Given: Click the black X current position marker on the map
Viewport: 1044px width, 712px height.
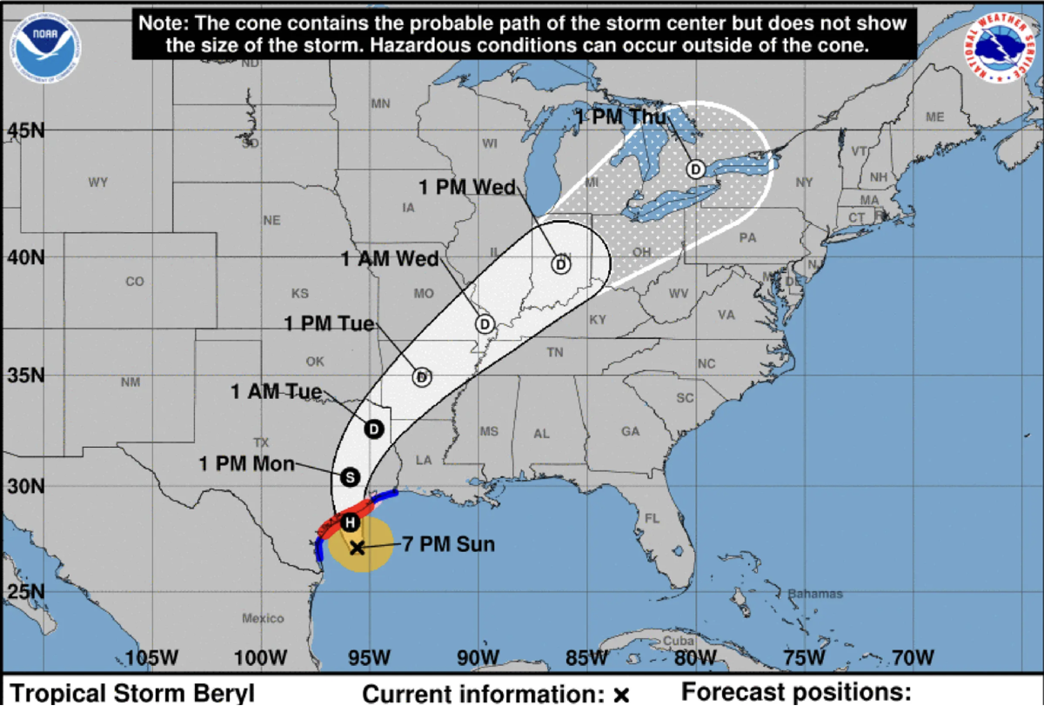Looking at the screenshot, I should pyautogui.click(x=357, y=547).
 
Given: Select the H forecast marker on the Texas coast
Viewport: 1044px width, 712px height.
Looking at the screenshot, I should pyautogui.click(x=349, y=522).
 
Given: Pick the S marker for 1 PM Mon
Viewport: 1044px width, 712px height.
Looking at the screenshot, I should pyautogui.click(x=350, y=476).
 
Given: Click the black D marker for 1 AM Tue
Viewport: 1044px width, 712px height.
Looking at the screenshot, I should pyautogui.click(x=374, y=429).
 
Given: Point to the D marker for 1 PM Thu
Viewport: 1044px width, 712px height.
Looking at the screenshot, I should pyautogui.click(x=695, y=169).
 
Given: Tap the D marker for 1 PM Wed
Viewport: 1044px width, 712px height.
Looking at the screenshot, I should pyautogui.click(x=561, y=263).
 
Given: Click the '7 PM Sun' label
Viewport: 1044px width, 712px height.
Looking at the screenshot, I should pyautogui.click(x=449, y=545).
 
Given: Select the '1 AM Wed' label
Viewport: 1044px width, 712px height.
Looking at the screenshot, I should pyautogui.click(x=389, y=258).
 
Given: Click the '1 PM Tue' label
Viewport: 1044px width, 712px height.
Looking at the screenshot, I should pyautogui.click(x=330, y=323).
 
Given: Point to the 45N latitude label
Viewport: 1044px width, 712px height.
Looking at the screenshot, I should pyautogui.click(x=26, y=131).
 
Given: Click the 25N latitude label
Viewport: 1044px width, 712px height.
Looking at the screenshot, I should pyautogui.click(x=26, y=590).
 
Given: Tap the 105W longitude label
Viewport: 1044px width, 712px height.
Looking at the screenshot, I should pyautogui.click(x=152, y=658).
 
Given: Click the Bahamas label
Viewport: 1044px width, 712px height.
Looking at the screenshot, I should pyautogui.click(x=815, y=594).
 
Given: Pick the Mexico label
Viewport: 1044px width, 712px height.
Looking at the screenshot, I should pyautogui.click(x=263, y=618).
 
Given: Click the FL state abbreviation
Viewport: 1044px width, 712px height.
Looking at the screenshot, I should pyautogui.click(x=652, y=519).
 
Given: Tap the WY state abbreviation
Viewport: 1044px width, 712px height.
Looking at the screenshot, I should pyautogui.click(x=97, y=183).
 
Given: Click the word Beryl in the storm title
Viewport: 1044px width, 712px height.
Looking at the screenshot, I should pyautogui.click(x=222, y=695).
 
